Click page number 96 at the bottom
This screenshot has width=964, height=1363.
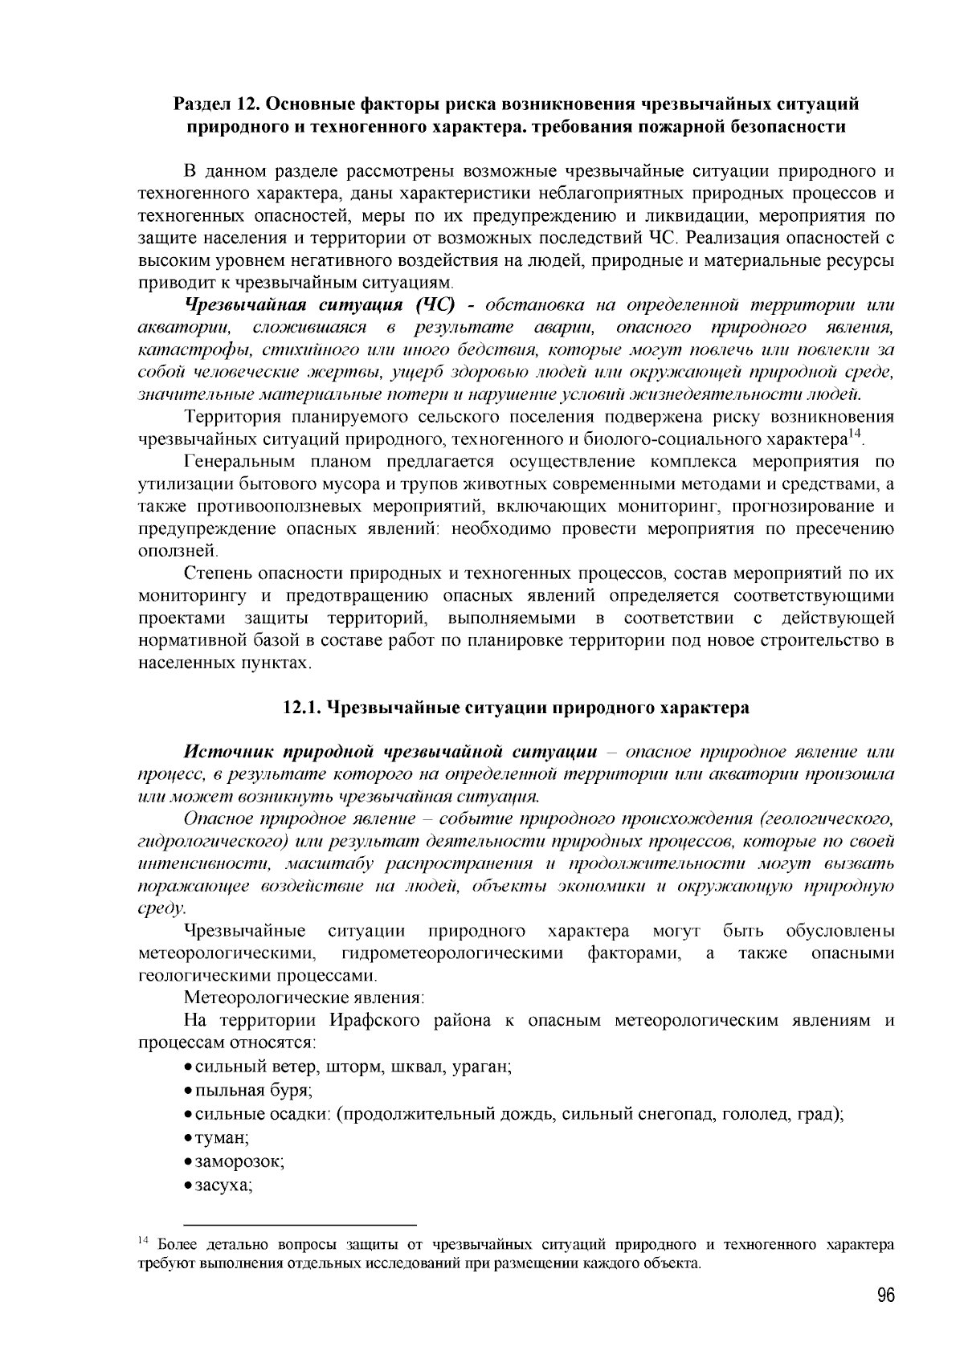pyautogui.click(x=885, y=1296)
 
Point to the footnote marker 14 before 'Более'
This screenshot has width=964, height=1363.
pyautogui.click(x=144, y=1242)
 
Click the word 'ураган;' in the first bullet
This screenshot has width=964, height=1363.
pyautogui.click(x=481, y=1067)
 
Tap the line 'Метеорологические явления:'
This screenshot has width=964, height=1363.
pyautogui.click(x=304, y=998)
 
